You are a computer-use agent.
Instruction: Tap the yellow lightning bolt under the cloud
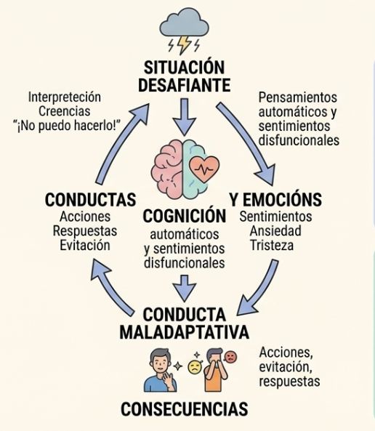tap(184, 45)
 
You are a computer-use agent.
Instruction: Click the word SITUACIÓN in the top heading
tap(184, 68)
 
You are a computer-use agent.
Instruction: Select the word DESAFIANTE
tap(184, 85)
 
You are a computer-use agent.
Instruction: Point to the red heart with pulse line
tap(204, 169)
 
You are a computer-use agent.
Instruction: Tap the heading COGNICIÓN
tap(184, 216)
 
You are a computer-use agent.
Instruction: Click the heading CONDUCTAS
tap(90, 200)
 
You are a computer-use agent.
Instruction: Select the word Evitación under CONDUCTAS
tap(85, 245)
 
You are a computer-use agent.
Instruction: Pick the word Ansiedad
tap(275, 231)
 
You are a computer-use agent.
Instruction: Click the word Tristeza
tap(272, 245)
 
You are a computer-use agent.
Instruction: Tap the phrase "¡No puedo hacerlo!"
tap(68, 126)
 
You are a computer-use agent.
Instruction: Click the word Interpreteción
tap(65, 97)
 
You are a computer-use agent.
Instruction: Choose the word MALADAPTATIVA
tap(184, 332)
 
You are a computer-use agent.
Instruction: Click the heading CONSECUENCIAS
tap(184, 408)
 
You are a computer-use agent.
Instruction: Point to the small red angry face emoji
tap(230, 357)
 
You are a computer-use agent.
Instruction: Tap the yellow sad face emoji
tap(195, 367)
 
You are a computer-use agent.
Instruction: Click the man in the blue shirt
tap(161, 370)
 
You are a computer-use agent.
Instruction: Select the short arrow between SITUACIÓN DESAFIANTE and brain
tap(185, 117)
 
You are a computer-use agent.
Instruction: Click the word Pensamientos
tap(298, 97)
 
